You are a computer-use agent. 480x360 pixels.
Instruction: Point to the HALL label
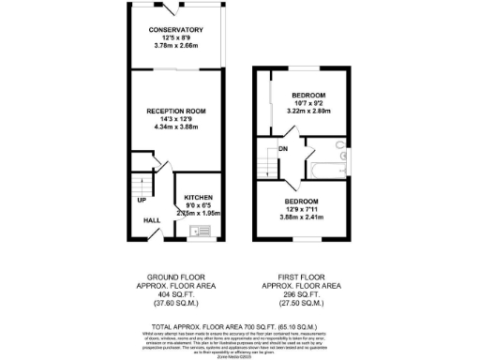[x=151, y=221]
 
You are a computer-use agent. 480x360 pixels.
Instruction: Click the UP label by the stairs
[x=142, y=201]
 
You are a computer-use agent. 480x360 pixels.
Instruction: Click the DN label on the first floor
[x=282, y=148]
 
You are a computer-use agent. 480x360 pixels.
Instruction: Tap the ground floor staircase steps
[x=140, y=181]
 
